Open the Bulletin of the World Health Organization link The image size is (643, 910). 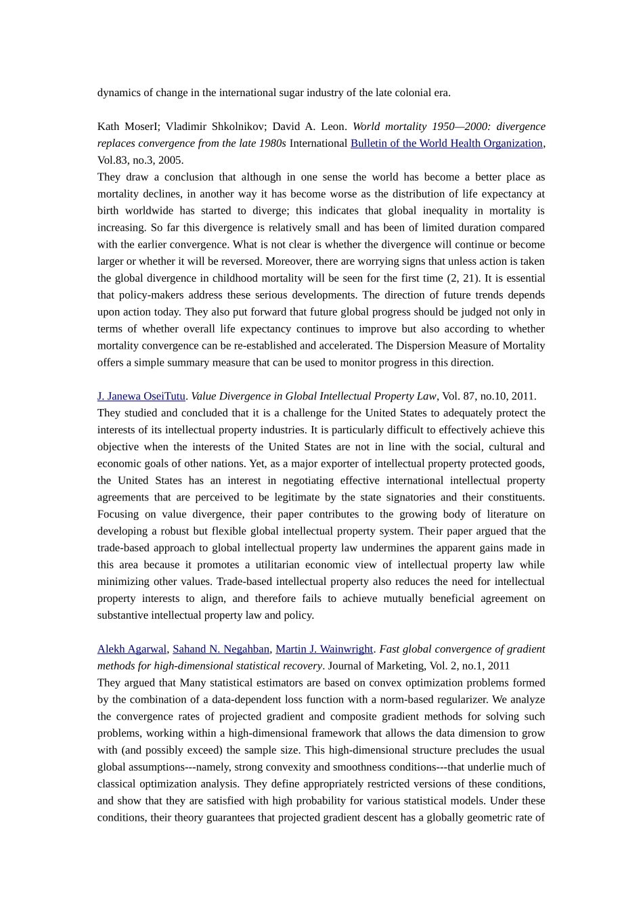447,144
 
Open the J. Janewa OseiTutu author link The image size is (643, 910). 141,396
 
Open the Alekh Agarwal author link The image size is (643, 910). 132,649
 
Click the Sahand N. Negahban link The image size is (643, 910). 221,649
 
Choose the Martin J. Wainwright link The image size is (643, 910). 324,649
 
